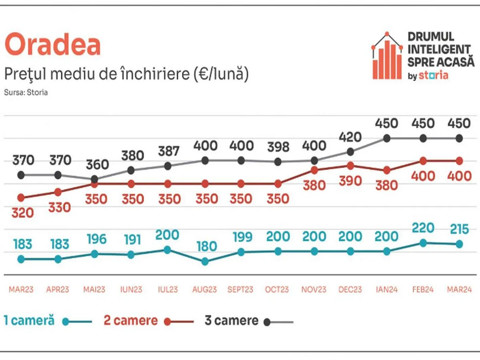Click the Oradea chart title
coord(52,45)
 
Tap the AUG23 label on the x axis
coord(205,290)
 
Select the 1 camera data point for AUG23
coord(205,262)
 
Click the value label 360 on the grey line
coord(97,165)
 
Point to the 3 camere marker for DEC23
coord(350,152)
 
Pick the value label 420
coord(350,137)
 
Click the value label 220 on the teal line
coord(423,228)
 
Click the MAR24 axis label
coord(459,290)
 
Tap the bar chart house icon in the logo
coord(387,56)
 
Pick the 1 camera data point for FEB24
coord(423,243)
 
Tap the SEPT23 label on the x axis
coord(240,290)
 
